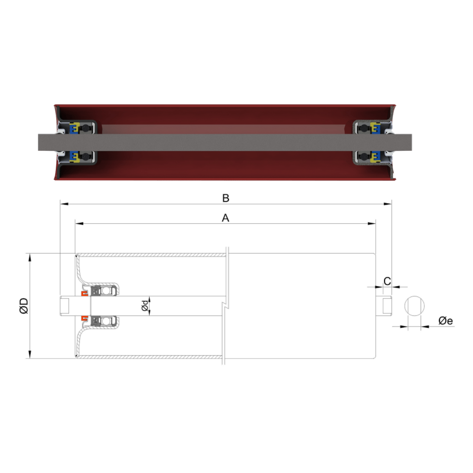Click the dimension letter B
pyautogui.click(x=226, y=198)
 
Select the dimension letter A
pyautogui.click(x=226, y=218)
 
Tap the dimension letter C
pyautogui.click(x=387, y=281)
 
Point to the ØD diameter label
pyautogui.click(x=23, y=306)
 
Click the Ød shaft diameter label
pyautogui.click(x=145, y=306)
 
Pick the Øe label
pyautogui.click(x=446, y=321)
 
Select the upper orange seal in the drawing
pyautogui.click(x=84, y=294)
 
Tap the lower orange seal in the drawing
pyautogui.click(x=84, y=317)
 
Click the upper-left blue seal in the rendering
pyautogui.click(x=74, y=128)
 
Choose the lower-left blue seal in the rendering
pyautogui.click(x=74, y=156)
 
